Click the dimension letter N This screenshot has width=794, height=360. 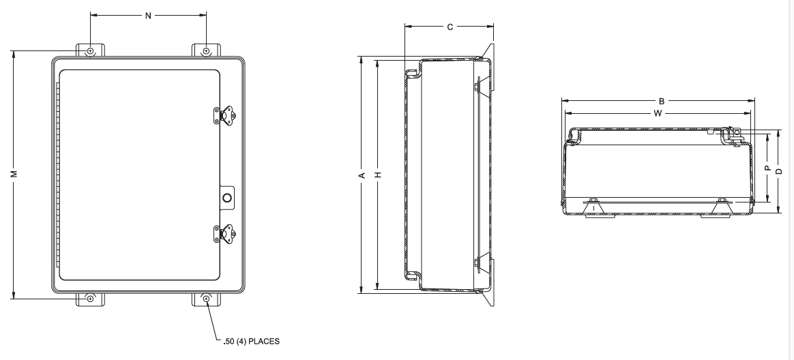point(148,15)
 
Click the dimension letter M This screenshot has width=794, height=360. point(14,174)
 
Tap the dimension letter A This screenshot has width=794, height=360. point(362,175)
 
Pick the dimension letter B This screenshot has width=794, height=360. point(662,100)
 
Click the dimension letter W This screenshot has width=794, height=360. point(658,113)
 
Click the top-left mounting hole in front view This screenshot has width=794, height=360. point(89,51)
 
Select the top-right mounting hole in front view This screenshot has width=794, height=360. point(206,51)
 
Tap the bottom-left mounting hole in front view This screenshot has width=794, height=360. point(89,299)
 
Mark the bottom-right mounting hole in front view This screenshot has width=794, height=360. point(206,299)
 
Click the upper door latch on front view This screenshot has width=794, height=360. point(225,116)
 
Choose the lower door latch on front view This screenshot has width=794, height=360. point(225,234)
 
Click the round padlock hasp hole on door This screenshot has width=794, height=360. point(227,198)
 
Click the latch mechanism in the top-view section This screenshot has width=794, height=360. point(733,135)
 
